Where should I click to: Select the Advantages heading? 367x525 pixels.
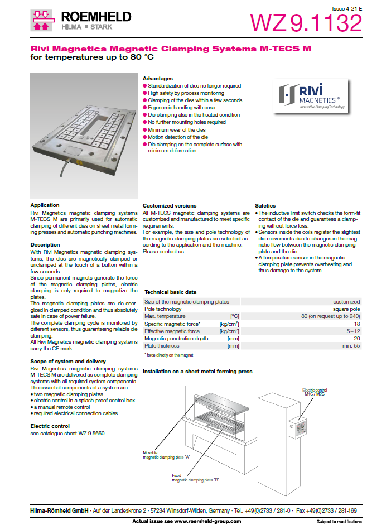[158, 79]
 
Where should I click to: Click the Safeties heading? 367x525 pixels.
[266, 206]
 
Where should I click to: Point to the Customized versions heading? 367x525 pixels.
[170, 206]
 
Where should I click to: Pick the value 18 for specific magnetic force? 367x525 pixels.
[356, 324]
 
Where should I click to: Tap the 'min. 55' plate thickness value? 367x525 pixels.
[350, 346]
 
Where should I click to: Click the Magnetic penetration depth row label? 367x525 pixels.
[176, 339]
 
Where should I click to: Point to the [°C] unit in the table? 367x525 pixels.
[234, 316]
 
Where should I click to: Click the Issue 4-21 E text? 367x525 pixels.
[346, 9]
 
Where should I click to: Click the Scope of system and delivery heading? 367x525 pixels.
[68, 362]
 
